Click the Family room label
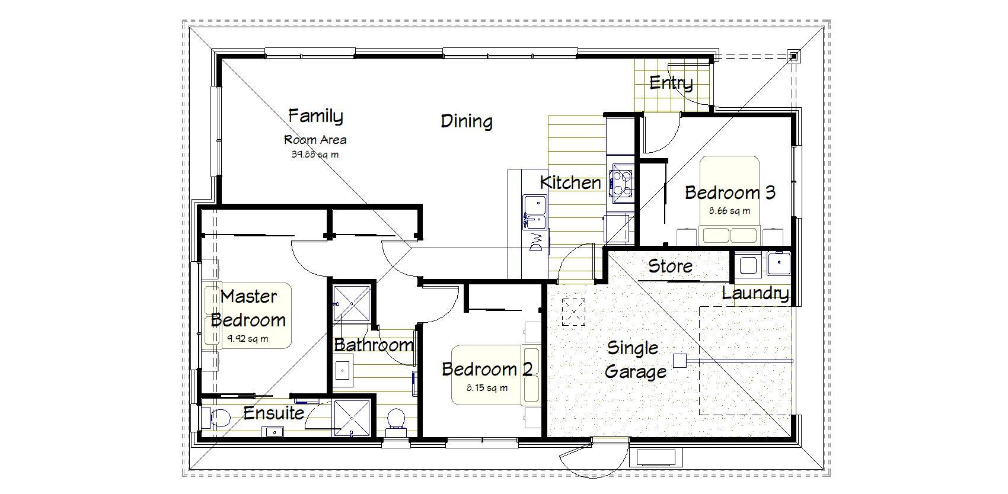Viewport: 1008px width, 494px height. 315,116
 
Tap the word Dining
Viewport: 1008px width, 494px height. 467,121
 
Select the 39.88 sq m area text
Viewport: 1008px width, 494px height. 315,155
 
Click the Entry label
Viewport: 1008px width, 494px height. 671,83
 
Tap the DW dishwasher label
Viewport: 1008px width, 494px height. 537,242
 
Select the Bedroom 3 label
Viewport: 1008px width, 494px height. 729,193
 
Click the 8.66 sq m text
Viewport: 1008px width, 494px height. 729,210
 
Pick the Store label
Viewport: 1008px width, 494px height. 670,266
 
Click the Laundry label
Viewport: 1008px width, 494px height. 755,293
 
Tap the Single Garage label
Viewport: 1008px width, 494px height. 634,360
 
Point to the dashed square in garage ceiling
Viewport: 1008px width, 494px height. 573,312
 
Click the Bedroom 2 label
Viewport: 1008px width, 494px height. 487,369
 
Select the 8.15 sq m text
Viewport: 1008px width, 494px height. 487,389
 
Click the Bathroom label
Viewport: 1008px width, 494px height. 374,345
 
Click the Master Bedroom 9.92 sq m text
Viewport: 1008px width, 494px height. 248,339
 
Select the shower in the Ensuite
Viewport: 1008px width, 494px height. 352,418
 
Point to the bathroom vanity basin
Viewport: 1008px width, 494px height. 343,371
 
